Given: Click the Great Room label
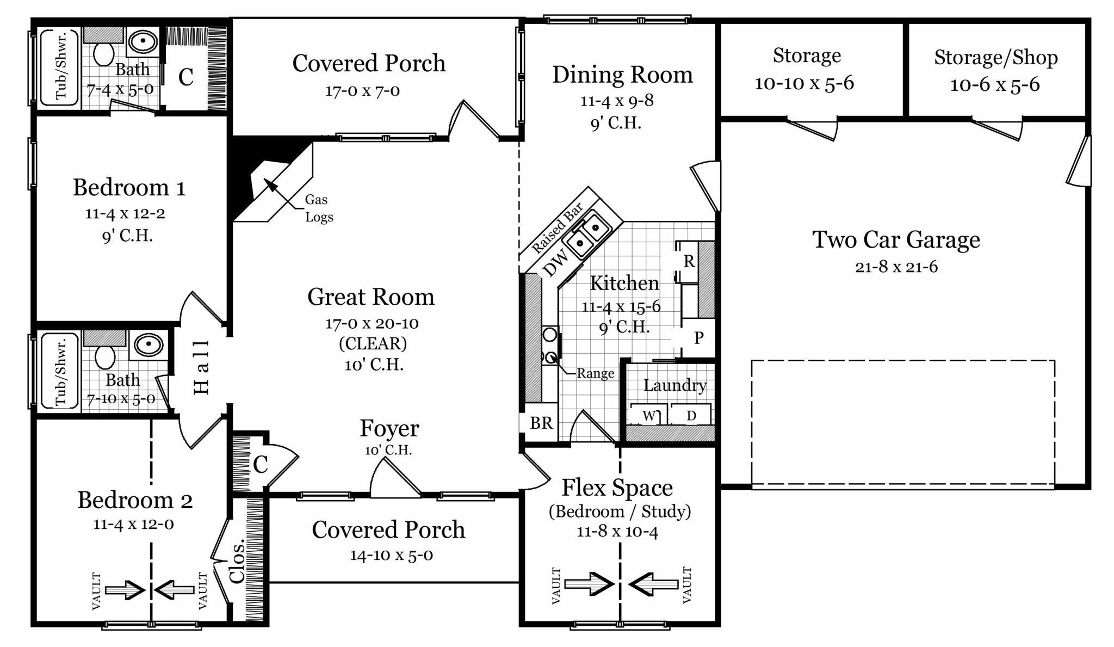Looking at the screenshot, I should (371, 297).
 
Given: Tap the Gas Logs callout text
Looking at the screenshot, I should (319, 208).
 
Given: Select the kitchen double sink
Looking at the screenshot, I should (587, 233).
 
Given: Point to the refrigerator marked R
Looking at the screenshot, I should (689, 262).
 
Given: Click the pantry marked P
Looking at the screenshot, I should (698, 338).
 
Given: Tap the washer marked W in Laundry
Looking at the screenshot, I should (648, 416).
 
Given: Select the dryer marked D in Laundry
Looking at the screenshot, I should (691, 416).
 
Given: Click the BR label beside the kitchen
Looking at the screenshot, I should (541, 423).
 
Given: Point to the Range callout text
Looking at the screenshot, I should (595, 374).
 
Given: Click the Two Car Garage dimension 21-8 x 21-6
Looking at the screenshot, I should (896, 267).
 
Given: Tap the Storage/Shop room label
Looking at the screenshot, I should (995, 57).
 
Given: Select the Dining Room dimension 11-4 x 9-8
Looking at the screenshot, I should (617, 101).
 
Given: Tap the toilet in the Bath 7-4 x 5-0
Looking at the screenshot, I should (103, 53).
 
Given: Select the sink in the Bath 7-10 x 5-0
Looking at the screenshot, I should (148, 344).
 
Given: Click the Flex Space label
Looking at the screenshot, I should (617, 488).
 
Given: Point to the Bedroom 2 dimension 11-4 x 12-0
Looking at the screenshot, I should (133, 525).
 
